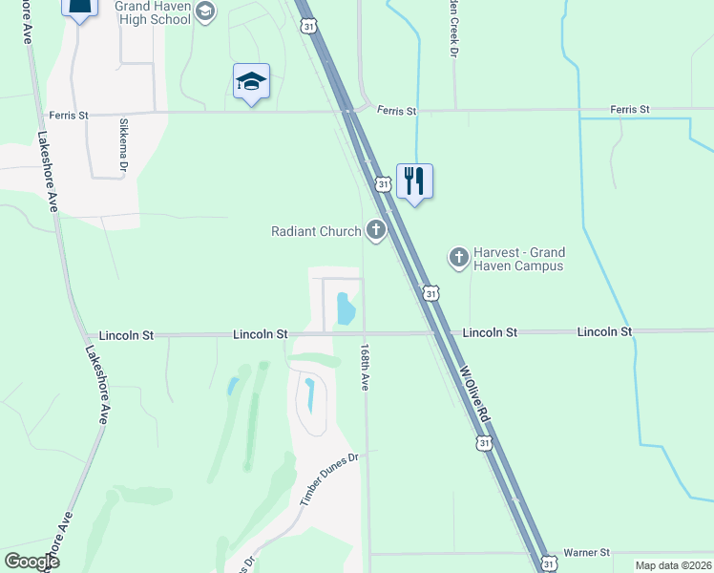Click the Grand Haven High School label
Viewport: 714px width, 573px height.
(x=153, y=12)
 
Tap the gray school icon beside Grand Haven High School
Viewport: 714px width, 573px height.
(x=205, y=11)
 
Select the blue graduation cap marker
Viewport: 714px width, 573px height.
(x=251, y=81)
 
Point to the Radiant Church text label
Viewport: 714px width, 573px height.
(x=316, y=231)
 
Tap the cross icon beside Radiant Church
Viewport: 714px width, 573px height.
(x=375, y=230)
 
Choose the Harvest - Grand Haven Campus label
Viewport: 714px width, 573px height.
(x=519, y=259)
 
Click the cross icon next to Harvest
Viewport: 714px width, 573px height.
(x=458, y=257)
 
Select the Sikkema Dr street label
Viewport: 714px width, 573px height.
(x=124, y=146)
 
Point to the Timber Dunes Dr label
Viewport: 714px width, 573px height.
(x=327, y=479)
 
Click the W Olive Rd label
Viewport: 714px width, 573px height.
(x=474, y=393)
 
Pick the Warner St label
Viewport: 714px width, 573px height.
(x=586, y=553)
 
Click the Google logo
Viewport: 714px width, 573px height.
(x=31, y=562)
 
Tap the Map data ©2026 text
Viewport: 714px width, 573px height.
(x=673, y=565)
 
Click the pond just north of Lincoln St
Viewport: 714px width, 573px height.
(x=346, y=308)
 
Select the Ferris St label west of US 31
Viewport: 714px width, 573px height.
(x=70, y=116)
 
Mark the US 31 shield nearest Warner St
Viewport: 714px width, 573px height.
(x=547, y=563)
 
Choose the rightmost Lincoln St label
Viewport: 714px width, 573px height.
(x=604, y=332)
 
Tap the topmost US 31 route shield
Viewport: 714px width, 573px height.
(x=307, y=27)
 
